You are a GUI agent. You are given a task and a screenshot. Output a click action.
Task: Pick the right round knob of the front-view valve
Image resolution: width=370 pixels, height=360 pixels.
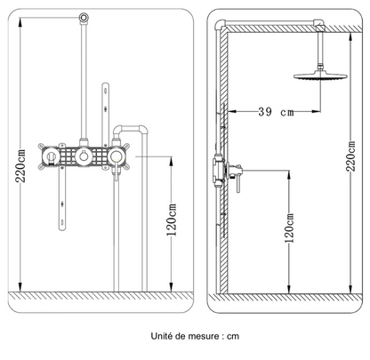point(117,157)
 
